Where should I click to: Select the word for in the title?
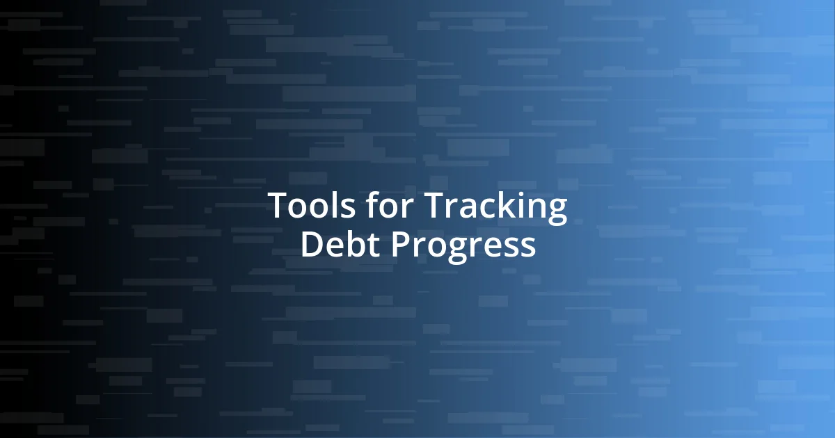pyautogui.click(x=386, y=206)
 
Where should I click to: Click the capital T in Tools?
pyautogui.click(x=278, y=206)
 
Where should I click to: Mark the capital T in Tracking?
pyautogui.click(x=435, y=206)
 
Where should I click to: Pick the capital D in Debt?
pyautogui.click(x=312, y=245)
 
